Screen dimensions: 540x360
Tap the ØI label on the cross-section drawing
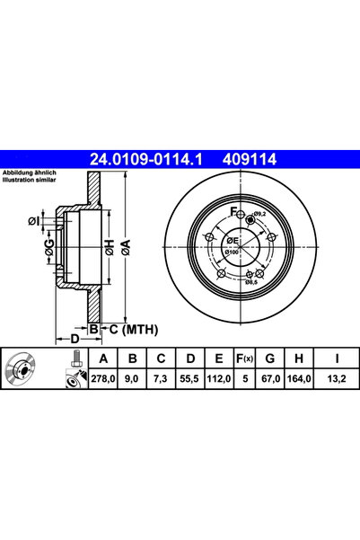34,221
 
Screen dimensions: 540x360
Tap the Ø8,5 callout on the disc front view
251,282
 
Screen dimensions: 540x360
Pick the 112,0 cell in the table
215,380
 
